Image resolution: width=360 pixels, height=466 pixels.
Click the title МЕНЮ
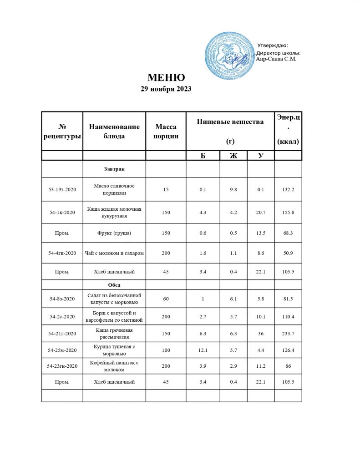[x=166, y=77]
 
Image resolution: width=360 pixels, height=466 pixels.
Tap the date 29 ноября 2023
[x=166, y=89]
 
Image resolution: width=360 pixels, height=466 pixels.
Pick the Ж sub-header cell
[x=233, y=156]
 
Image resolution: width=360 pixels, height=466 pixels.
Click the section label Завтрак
[x=114, y=169]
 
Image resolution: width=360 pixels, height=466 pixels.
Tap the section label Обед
[x=114, y=285]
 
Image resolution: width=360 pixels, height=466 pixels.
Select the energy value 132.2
[x=288, y=189]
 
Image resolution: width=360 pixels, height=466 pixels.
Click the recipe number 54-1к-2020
[x=62, y=212]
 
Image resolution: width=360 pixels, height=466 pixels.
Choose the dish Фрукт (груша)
[x=114, y=233]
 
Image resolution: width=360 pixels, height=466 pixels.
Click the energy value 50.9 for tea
[x=288, y=253]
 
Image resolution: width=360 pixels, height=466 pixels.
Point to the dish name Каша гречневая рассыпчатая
[x=114, y=334]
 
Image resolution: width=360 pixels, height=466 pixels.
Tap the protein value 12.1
[x=203, y=350]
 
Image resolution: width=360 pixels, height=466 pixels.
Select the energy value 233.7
[x=288, y=334]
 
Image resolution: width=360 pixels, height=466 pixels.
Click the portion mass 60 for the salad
[x=166, y=299]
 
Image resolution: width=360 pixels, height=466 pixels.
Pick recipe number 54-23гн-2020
[x=62, y=366]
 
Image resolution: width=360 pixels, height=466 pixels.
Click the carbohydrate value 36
[x=261, y=334]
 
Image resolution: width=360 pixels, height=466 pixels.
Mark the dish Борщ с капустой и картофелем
[x=114, y=316]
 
